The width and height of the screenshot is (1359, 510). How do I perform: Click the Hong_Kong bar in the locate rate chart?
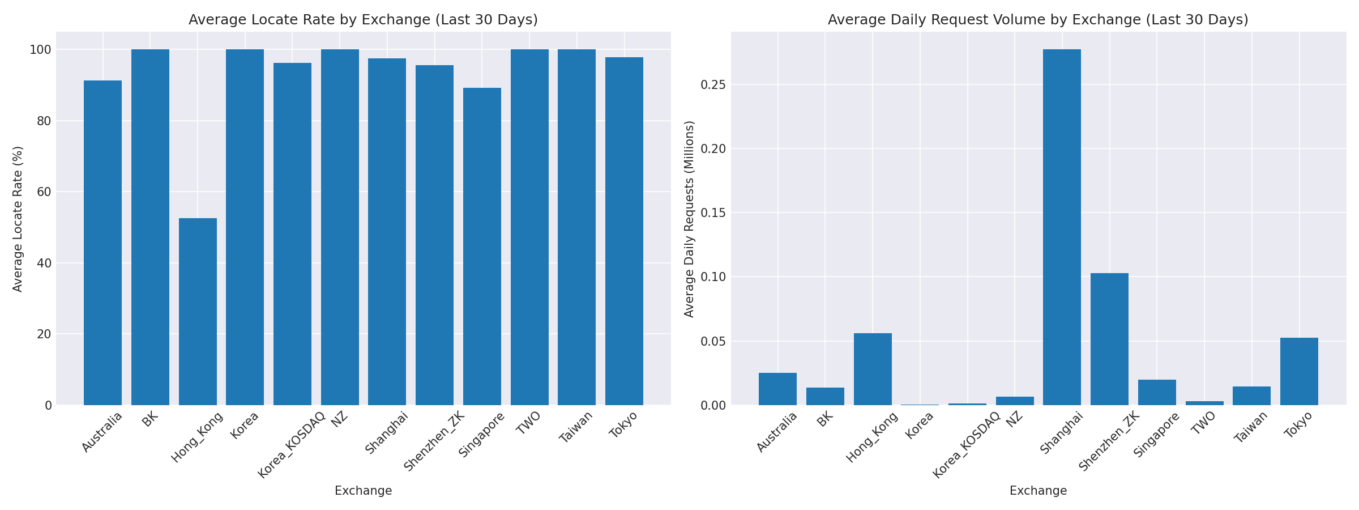pos(198,312)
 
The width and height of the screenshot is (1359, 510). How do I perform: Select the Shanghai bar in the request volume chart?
pos(1062,227)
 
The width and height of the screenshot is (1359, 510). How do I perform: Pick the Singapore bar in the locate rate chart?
pos(482,246)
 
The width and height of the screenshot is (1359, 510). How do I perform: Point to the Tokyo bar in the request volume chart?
pos(1299,371)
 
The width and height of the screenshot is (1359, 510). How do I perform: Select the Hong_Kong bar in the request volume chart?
pos(873,369)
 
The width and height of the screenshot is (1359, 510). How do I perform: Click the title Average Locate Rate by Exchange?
pos(363,20)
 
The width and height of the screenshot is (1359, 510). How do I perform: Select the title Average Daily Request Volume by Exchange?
pos(1038,20)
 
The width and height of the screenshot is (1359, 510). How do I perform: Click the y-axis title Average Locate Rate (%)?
pos(18,219)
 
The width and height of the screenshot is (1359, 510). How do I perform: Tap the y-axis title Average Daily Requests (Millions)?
pos(689,219)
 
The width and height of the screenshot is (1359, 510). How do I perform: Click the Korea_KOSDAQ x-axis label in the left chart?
pos(292,444)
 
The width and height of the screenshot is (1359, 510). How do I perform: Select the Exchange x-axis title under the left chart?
pos(363,491)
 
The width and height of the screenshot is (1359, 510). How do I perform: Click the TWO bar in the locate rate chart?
pos(529,227)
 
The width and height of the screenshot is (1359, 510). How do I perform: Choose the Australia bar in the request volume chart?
pos(777,389)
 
